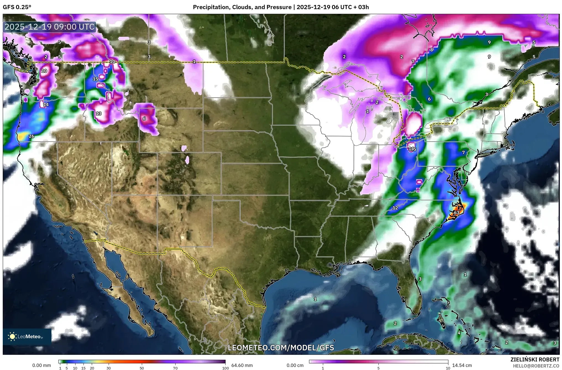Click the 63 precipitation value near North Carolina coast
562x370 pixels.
456,212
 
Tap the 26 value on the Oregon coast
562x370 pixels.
32,136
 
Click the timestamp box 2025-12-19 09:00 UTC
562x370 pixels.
50,27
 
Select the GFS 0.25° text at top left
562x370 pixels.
17,7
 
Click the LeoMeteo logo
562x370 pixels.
27,337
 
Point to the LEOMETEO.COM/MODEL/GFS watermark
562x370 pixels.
281,348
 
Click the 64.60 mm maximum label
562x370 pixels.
242,365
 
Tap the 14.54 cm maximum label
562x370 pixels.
462,365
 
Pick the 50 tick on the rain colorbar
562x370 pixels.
142,368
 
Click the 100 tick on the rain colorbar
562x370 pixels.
225,368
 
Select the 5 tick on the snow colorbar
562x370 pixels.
378,368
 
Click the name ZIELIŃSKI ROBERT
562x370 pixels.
535,359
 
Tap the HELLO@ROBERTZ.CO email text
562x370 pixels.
536,366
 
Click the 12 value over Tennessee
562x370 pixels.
395,208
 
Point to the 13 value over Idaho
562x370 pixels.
99,113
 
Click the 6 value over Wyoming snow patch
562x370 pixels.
144,119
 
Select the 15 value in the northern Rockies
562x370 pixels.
95,79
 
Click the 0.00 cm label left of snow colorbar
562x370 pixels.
295,365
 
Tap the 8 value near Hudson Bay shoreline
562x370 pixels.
431,50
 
